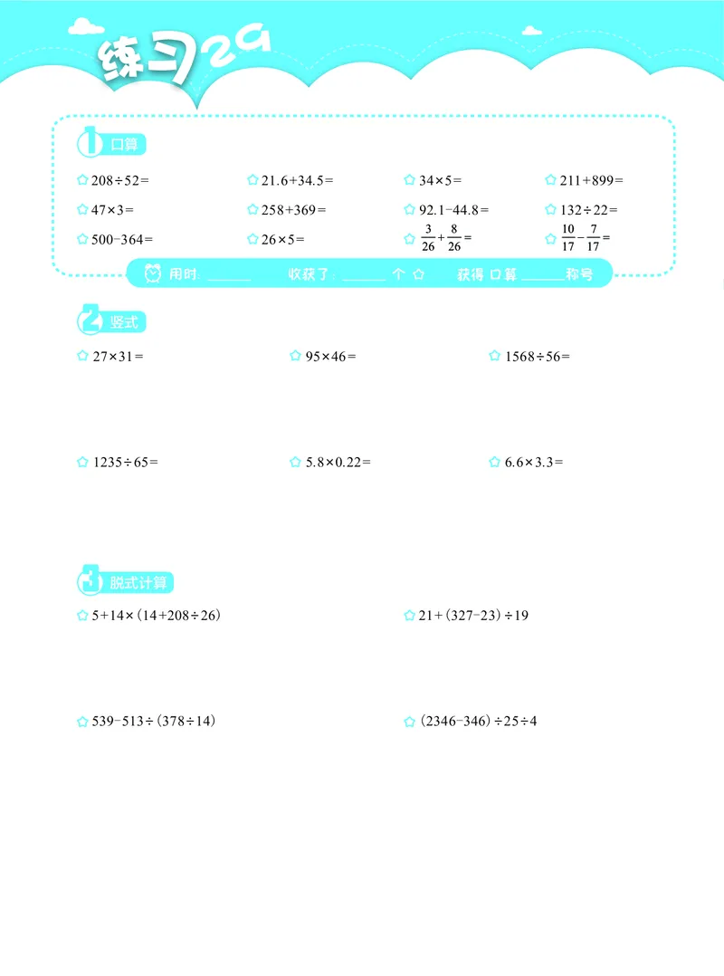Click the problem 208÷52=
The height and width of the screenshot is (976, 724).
coord(120,180)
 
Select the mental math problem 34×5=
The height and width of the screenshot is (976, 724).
coord(440,180)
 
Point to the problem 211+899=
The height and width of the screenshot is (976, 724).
coord(591,180)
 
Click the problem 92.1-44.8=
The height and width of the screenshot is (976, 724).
coord(453,210)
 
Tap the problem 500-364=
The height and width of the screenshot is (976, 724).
coord(122,240)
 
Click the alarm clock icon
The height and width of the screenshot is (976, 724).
coord(152,273)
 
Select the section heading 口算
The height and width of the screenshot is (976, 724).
coord(124,144)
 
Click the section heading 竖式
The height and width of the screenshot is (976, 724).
coord(124,322)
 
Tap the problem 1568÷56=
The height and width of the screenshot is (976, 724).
coord(538,357)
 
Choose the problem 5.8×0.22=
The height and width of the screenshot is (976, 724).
coord(338,462)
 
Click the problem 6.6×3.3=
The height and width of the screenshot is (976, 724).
coord(534,462)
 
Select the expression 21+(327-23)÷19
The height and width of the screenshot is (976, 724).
coord(473,616)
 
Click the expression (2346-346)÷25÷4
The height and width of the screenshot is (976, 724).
coord(478,722)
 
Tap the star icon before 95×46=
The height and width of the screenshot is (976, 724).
coord(295,357)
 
